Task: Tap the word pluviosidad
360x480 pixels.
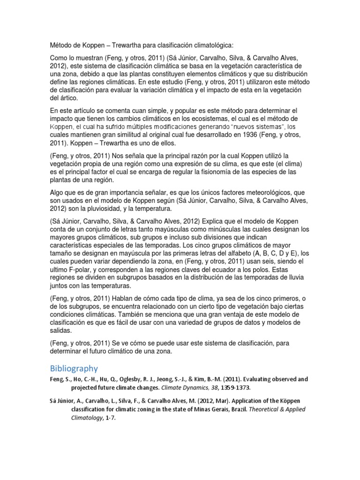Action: point(111,209)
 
